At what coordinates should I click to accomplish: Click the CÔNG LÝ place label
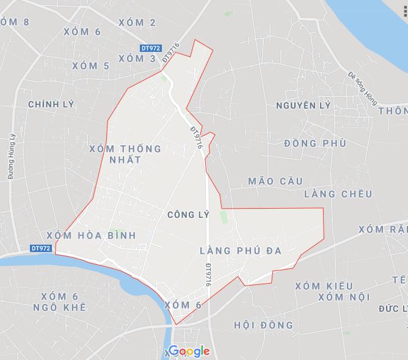[188, 215]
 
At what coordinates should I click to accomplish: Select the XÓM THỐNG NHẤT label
[125, 154]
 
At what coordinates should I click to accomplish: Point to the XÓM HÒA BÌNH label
[90, 235]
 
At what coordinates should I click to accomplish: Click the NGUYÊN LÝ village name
[303, 106]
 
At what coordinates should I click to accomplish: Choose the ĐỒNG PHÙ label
[315, 143]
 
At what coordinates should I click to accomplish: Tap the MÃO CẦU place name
[276, 181]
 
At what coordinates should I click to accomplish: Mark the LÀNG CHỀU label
[338, 194]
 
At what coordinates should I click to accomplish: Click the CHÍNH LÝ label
[51, 104]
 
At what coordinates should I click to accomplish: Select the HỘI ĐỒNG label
[263, 325]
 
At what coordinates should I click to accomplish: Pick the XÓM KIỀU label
[324, 286]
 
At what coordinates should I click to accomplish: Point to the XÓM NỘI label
[344, 297]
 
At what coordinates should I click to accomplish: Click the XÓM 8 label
[15, 22]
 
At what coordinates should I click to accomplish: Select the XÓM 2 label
[137, 23]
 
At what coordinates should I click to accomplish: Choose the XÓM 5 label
[90, 66]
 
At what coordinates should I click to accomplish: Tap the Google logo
[189, 351]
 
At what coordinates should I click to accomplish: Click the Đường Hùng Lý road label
[11, 156]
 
